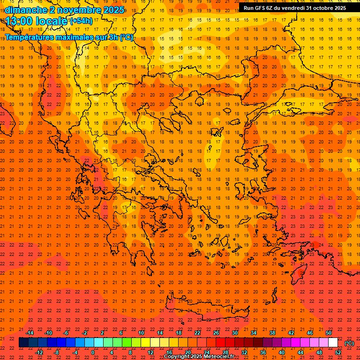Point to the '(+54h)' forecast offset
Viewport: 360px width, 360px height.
click(81, 21)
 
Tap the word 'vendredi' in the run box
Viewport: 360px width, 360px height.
click(291, 8)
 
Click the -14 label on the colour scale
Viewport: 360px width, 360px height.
click(30, 333)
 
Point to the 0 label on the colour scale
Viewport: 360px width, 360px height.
click(93, 352)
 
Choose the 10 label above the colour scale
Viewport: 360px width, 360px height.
click(141, 333)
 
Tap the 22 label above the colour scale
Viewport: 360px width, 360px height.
click(197, 333)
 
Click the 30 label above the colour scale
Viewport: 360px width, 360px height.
click(235, 333)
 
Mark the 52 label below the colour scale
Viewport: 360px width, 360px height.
click(338, 352)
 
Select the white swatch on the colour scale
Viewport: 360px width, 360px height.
click(333, 343)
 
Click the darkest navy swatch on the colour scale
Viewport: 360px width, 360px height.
click(23, 343)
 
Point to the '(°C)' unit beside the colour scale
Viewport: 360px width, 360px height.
click(349, 343)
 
